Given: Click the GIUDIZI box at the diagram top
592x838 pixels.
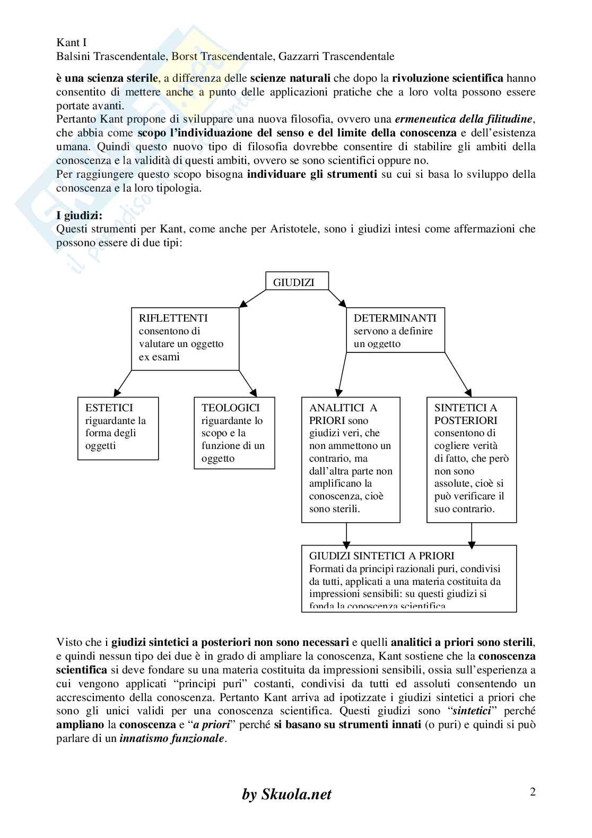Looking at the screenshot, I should pyautogui.click(x=297, y=282).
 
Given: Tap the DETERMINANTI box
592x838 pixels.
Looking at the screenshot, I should pyautogui.click(x=395, y=331).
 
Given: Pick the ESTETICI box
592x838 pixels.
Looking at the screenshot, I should pyautogui.click(x=118, y=428).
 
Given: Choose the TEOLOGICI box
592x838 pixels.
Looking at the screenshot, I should pyautogui.click(x=234, y=433).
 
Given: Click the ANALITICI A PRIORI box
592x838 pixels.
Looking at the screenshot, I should pyautogui.click(x=351, y=459).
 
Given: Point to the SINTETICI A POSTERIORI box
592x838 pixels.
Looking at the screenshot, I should pyautogui.click(x=471, y=459).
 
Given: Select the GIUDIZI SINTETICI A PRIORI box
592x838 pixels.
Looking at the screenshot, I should pyautogui.click(x=408, y=578).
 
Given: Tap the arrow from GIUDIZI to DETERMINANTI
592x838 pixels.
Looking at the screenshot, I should pyautogui.click(x=337, y=298).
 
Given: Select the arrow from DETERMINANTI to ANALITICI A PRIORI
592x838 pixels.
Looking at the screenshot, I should pyautogui.click(x=342, y=375).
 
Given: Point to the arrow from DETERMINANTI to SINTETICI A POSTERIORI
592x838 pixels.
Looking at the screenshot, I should pyautogui.click(x=458, y=375).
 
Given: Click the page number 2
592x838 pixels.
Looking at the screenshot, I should pyautogui.click(x=533, y=792).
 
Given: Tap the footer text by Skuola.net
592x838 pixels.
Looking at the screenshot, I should pyautogui.click(x=286, y=794).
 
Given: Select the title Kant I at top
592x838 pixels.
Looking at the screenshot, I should pyautogui.click(x=72, y=42).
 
